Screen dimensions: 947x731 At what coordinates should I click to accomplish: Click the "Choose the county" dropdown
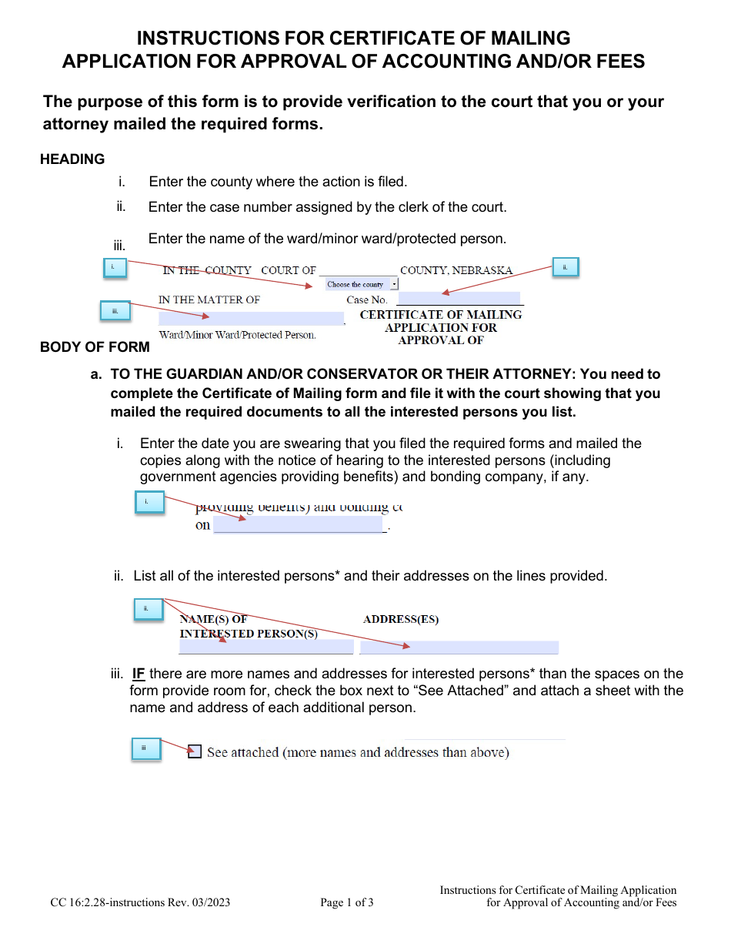tap(362, 284)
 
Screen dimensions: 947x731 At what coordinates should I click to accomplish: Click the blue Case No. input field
tap(459, 299)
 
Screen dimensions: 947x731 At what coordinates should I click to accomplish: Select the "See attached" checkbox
tap(195, 751)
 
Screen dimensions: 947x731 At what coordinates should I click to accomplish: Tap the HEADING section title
tap(72, 159)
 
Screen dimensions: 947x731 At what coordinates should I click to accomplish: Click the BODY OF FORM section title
tap(95, 347)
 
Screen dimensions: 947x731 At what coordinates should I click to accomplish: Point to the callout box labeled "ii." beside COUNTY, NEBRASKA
tap(565, 267)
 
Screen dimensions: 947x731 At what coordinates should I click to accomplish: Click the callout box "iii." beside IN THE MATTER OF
tap(115, 310)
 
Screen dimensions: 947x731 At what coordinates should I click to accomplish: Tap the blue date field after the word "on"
tap(298, 525)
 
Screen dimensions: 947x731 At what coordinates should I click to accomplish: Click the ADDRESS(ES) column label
tap(401, 619)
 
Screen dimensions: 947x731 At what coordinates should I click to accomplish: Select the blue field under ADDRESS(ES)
tap(459, 648)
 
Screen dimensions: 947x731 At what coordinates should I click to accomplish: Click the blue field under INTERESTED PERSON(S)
tap(266, 648)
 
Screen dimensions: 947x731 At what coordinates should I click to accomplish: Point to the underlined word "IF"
tap(139, 674)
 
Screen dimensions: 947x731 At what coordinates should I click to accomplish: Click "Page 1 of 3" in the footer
tap(347, 902)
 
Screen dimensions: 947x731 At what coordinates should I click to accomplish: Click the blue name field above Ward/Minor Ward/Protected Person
tap(251, 318)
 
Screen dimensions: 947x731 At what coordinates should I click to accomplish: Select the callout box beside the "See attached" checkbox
tap(145, 749)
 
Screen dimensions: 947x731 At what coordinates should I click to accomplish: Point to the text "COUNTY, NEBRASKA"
tap(456, 270)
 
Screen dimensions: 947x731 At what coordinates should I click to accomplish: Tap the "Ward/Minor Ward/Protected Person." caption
tap(237, 335)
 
